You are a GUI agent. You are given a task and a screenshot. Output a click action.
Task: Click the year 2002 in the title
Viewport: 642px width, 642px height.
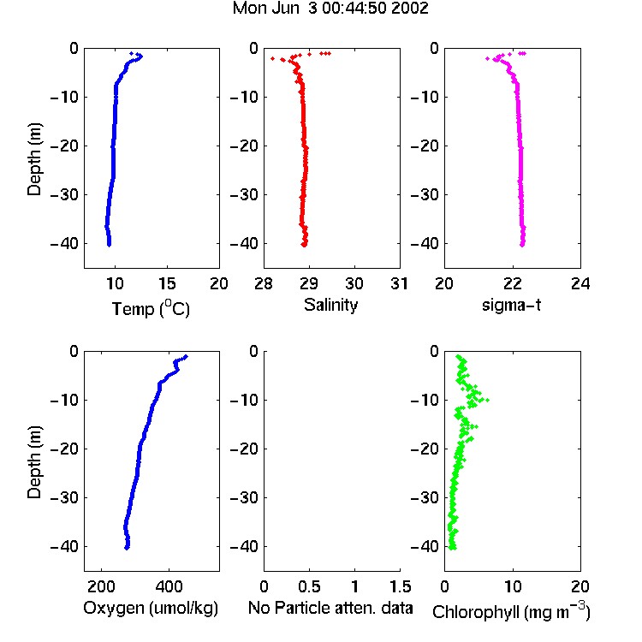tap(410, 9)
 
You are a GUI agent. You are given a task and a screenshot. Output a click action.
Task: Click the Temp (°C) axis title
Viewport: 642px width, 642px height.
tap(151, 308)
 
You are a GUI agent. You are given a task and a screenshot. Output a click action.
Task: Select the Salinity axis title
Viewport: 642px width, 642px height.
tap(330, 305)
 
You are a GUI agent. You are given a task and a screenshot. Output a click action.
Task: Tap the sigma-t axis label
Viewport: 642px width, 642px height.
tap(511, 305)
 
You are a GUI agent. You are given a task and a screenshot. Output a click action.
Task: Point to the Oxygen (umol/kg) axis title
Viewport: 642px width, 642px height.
tap(151, 608)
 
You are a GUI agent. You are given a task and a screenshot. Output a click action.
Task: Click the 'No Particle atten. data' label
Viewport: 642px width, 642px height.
tap(330, 608)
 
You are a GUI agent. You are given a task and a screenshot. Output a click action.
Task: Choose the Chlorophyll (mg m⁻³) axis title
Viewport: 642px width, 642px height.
tap(511, 611)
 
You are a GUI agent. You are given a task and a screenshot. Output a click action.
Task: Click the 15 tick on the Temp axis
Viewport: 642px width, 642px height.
tap(167, 283)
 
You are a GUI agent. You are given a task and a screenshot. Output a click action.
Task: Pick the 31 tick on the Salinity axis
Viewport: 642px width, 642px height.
tap(399, 283)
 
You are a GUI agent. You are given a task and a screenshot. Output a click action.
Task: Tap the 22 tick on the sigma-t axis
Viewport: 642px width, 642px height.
tap(512, 283)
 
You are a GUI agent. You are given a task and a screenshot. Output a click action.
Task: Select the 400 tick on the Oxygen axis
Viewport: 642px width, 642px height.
tap(169, 586)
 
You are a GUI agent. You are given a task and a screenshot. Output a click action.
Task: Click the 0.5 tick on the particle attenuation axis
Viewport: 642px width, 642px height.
tap(309, 586)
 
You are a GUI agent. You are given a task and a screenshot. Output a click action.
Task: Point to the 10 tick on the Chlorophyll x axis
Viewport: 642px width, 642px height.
tap(512, 586)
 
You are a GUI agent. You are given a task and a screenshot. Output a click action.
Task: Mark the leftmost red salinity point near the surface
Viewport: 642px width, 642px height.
tap(273, 59)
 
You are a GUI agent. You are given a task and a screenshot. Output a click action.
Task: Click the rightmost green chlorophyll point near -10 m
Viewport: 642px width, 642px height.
tap(487, 400)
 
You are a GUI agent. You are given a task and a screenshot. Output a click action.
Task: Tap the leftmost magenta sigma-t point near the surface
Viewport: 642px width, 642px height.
tap(487, 59)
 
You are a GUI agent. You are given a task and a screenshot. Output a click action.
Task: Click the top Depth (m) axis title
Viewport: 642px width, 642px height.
tap(34, 159)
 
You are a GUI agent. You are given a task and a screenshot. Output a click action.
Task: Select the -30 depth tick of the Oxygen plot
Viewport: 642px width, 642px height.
tap(64, 498)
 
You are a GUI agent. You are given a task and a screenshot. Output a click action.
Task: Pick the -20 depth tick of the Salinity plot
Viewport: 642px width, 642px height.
tap(245, 146)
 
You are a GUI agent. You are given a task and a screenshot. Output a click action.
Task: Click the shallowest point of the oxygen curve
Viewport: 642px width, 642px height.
tap(187, 357)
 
